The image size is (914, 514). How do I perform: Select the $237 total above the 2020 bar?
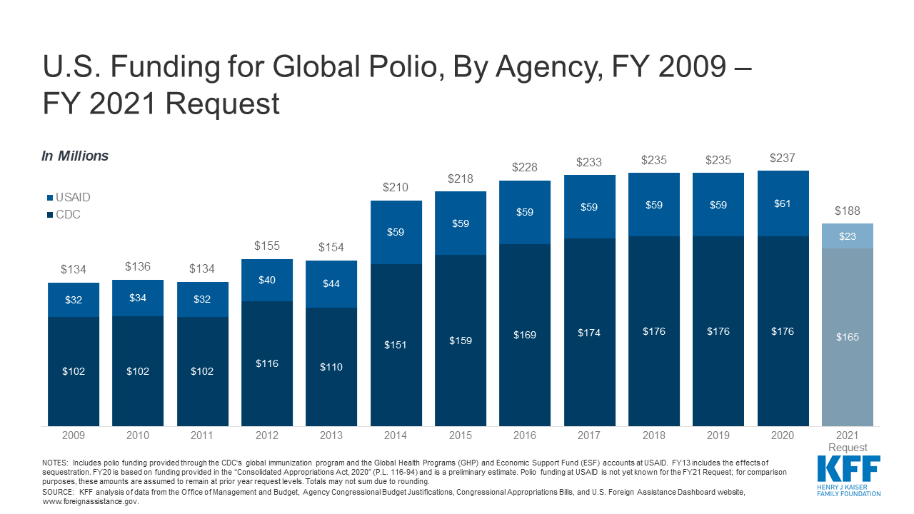(783, 158)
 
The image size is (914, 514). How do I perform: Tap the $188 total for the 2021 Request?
(847, 211)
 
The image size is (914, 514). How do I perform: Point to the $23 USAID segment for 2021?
(847, 236)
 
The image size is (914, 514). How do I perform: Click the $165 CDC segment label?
(847, 337)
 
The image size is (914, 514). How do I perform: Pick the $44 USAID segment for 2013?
(331, 283)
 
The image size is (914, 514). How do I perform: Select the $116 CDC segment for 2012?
(267, 363)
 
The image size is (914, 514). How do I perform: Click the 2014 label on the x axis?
(396, 435)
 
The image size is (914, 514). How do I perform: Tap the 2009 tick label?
(74, 435)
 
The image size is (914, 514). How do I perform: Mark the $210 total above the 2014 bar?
(396, 188)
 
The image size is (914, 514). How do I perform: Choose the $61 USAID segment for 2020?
(783, 203)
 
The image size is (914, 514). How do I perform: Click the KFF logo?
(848, 474)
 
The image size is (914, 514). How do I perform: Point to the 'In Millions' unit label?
(75, 156)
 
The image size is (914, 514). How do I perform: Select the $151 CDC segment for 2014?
(396, 345)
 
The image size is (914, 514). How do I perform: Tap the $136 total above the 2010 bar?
(139, 266)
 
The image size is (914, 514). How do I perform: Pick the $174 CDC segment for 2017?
(589, 333)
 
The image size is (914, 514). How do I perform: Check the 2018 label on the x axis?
(653, 435)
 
